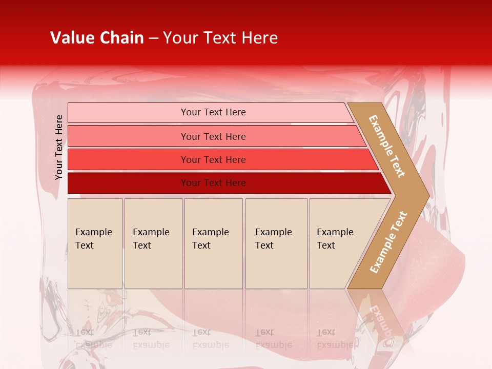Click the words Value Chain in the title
point(97,38)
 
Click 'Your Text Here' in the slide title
point(220,38)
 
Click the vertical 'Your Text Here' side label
point(59,147)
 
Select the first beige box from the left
point(95,243)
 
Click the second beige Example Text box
point(153,243)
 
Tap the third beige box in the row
point(213,243)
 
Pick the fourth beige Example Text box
point(276,243)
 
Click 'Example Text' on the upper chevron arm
point(387,146)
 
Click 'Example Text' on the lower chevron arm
point(388,242)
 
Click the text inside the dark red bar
point(213,183)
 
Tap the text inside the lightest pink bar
point(213,112)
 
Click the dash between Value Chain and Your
point(153,38)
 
